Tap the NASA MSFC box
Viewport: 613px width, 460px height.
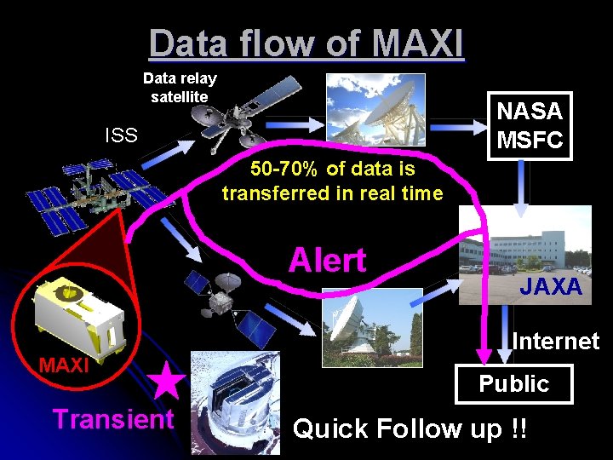(x=530, y=125)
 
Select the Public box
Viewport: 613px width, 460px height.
(x=513, y=384)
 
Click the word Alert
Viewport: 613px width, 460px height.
(x=327, y=260)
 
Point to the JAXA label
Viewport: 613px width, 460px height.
(x=551, y=287)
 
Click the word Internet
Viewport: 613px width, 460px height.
(x=556, y=342)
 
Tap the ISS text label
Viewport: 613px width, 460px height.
(x=121, y=135)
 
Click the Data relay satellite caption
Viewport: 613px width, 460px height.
(x=180, y=87)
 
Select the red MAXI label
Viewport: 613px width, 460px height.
(x=64, y=366)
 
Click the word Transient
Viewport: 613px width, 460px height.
(x=113, y=419)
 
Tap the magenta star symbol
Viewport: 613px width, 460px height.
(x=167, y=382)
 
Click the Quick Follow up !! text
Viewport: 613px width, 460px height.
(x=410, y=428)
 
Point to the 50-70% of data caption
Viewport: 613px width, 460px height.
(x=332, y=181)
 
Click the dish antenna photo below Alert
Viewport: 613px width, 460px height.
(x=372, y=326)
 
